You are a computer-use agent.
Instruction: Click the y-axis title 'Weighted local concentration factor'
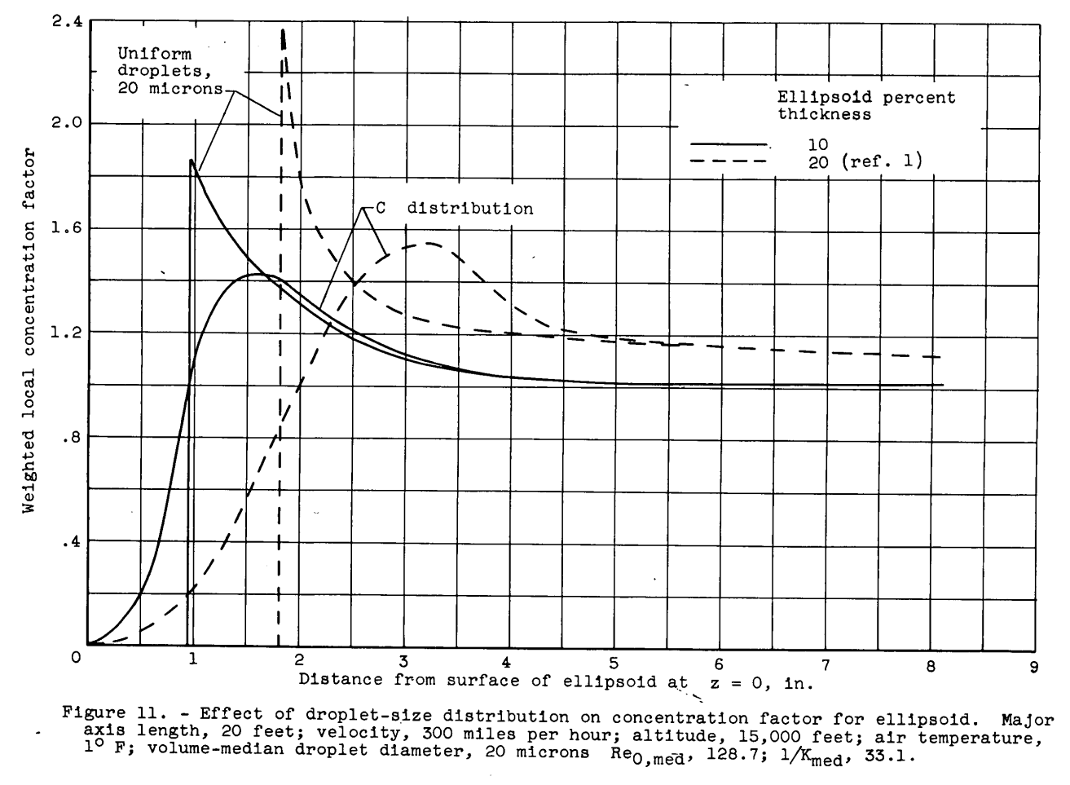coord(29,330)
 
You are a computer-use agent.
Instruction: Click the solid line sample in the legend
coord(729,144)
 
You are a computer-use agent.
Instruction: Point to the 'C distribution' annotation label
coord(454,209)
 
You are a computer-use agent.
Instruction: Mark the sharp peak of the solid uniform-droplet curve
coord(191,161)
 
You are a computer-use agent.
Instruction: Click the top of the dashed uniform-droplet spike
coord(283,30)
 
